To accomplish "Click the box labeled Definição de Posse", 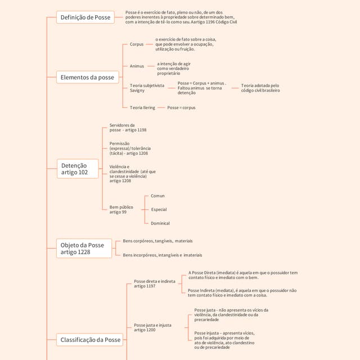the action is [x=85, y=17].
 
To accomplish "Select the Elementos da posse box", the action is [x=88, y=78].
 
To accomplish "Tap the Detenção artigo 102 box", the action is [x=78, y=169].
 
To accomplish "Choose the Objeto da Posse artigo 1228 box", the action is [x=84, y=249].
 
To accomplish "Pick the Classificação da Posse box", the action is [x=90, y=340].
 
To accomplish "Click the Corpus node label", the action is [x=137, y=44].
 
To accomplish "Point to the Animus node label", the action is [x=137, y=66].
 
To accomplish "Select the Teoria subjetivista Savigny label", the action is [x=147, y=88].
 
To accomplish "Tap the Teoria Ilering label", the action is [x=142, y=107].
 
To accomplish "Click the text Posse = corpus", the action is [x=181, y=107].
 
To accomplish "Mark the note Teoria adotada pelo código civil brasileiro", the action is [x=260, y=88].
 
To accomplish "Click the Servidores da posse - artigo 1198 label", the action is [x=128, y=128].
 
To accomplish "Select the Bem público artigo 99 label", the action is [x=121, y=210].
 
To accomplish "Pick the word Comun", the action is [x=157, y=196].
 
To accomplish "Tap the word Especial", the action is [x=159, y=209].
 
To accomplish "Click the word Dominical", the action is [x=160, y=223].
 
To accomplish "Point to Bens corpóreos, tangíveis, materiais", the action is [x=157, y=241].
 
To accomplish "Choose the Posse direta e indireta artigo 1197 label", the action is [x=155, y=283].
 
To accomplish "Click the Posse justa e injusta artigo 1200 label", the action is [x=152, y=327].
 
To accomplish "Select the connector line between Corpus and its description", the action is [x=150, y=44].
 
